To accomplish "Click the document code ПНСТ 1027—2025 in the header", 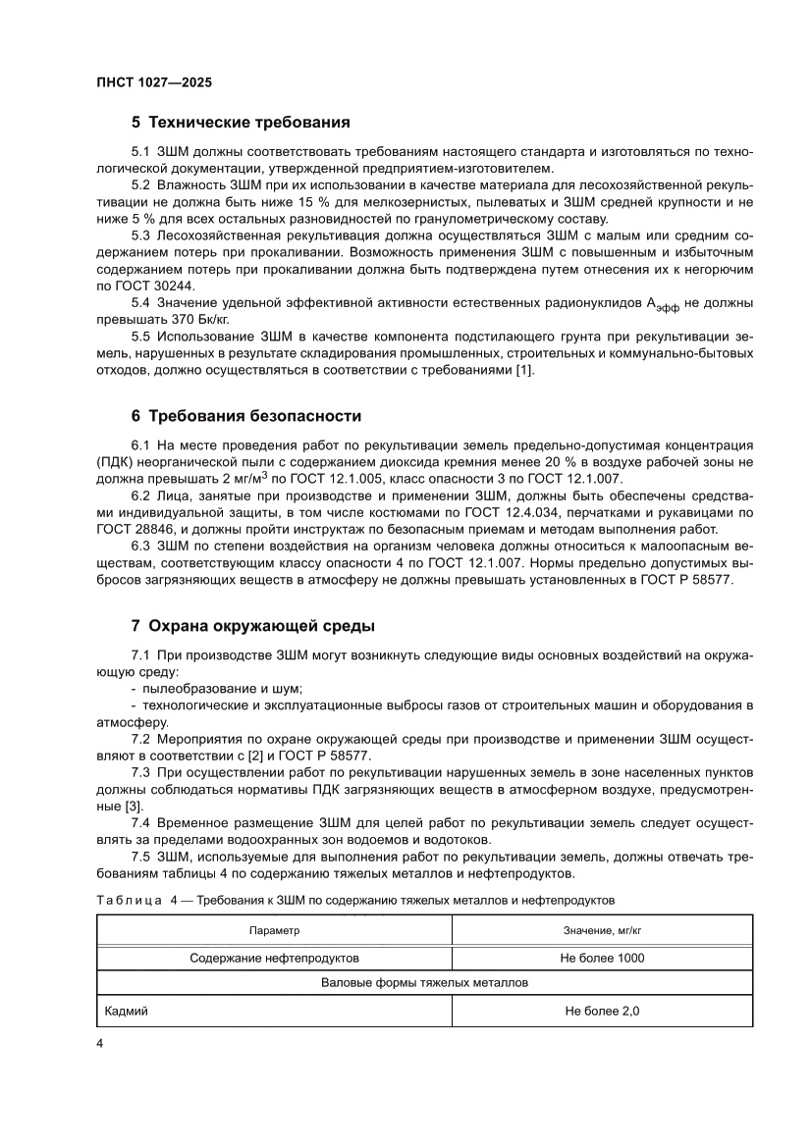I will pyautogui.click(x=155, y=83).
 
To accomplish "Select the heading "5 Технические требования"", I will pyautogui.click(x=241, y=124).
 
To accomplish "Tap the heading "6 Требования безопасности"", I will pyautogui.click(x=246, y=416).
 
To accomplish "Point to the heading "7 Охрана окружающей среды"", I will pyautogui.click(x=252, y=626).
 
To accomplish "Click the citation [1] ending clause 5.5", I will pyautogui.click(x=523, y=369).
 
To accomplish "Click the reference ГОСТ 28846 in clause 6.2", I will pyautogui.click(x=135, y=529).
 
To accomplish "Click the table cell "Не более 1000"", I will pyautogui.click(x=602, y=958).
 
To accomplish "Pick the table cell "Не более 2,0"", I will pyautogui.click(x=602, y=1011).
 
